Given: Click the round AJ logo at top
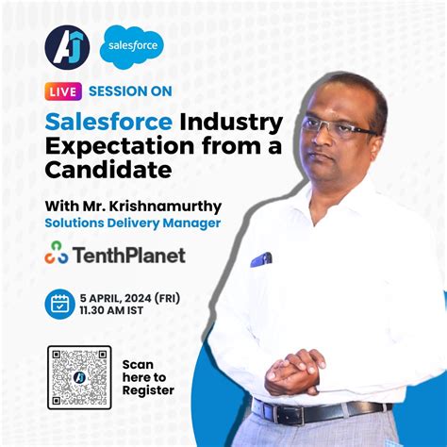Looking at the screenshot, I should pos(67,47).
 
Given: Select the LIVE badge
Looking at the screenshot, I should pos(61,91).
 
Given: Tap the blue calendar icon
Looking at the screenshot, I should pos(60,303).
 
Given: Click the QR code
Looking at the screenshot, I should pos(79,377).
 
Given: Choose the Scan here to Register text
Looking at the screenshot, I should pos(148,376).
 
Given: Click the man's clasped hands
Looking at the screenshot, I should pos(294,371).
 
